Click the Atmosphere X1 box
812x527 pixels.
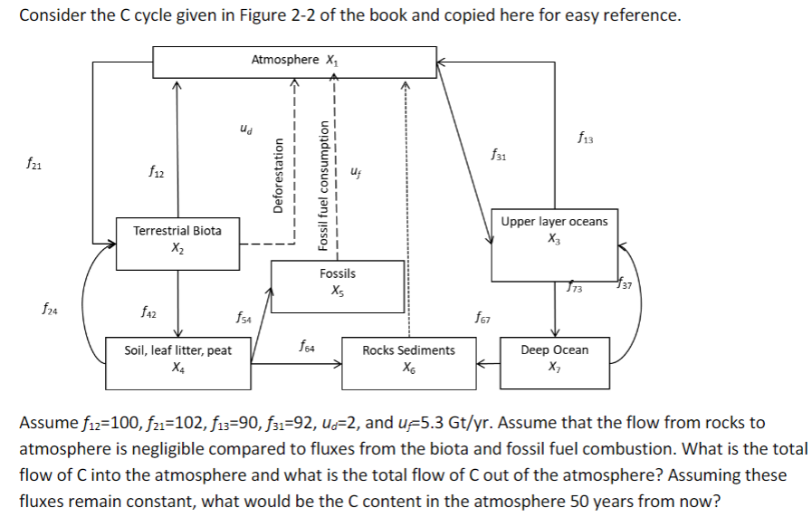(294, 61)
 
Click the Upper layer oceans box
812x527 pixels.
(554, 245)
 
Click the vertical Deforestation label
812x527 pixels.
(280, 173)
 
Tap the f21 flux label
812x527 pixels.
(34, 166)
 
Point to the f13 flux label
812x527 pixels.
(583, 139)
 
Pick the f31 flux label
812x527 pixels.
(499, 156)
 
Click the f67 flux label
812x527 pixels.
(482, 316)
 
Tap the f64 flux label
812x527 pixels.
(307, 344)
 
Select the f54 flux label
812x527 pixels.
(243, 317)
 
